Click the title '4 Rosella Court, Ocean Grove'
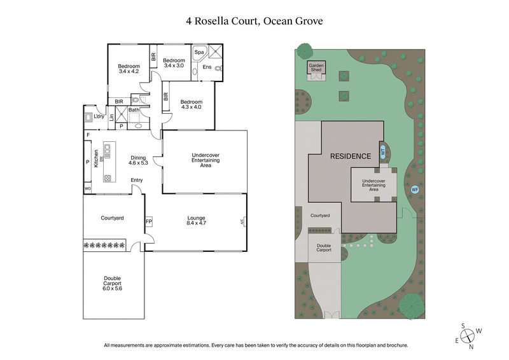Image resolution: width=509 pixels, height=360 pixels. [254, 20]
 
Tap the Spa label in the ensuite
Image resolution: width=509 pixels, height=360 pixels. [199, 52]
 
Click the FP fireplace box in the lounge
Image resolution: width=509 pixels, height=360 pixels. [149, 222]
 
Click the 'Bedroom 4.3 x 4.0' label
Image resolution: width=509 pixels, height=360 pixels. [191, 104]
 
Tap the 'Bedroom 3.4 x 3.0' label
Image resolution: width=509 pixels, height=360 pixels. [174, 62]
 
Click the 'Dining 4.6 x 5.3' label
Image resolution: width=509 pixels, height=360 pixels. [138, 160]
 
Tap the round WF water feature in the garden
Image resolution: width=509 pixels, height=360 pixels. [415, 189]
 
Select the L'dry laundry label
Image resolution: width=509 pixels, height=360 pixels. [99, 116]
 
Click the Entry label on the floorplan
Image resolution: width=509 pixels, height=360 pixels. [137, 180]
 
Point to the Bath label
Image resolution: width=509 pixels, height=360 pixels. [134, 110]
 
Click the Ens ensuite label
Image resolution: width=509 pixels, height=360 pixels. [207, 67]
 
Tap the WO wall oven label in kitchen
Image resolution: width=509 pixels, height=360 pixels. [87, 188]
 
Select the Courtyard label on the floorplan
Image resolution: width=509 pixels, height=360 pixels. [112, 218]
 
